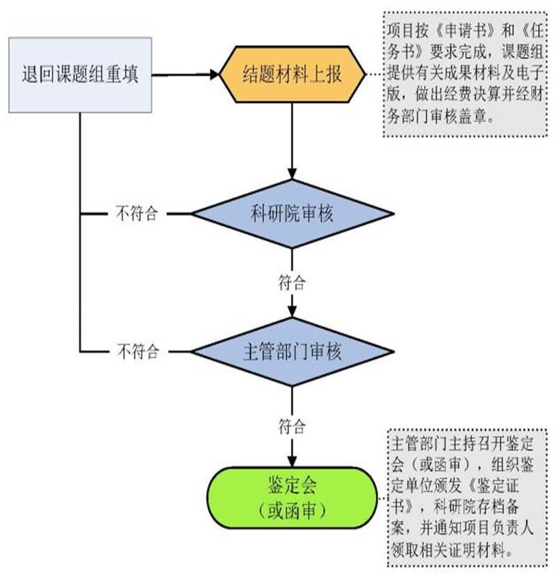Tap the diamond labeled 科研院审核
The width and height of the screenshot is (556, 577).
(292, 213)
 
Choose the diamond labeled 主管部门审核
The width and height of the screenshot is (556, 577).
(292, 351)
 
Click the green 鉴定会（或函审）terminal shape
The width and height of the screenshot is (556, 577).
(292, 499)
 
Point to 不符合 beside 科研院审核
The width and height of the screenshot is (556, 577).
(137, 213)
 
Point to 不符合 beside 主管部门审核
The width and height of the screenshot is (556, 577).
(137, 351)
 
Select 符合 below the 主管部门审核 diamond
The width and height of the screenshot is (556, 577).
(292, 424)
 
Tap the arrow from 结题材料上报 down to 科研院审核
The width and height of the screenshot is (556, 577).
(292, 139)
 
